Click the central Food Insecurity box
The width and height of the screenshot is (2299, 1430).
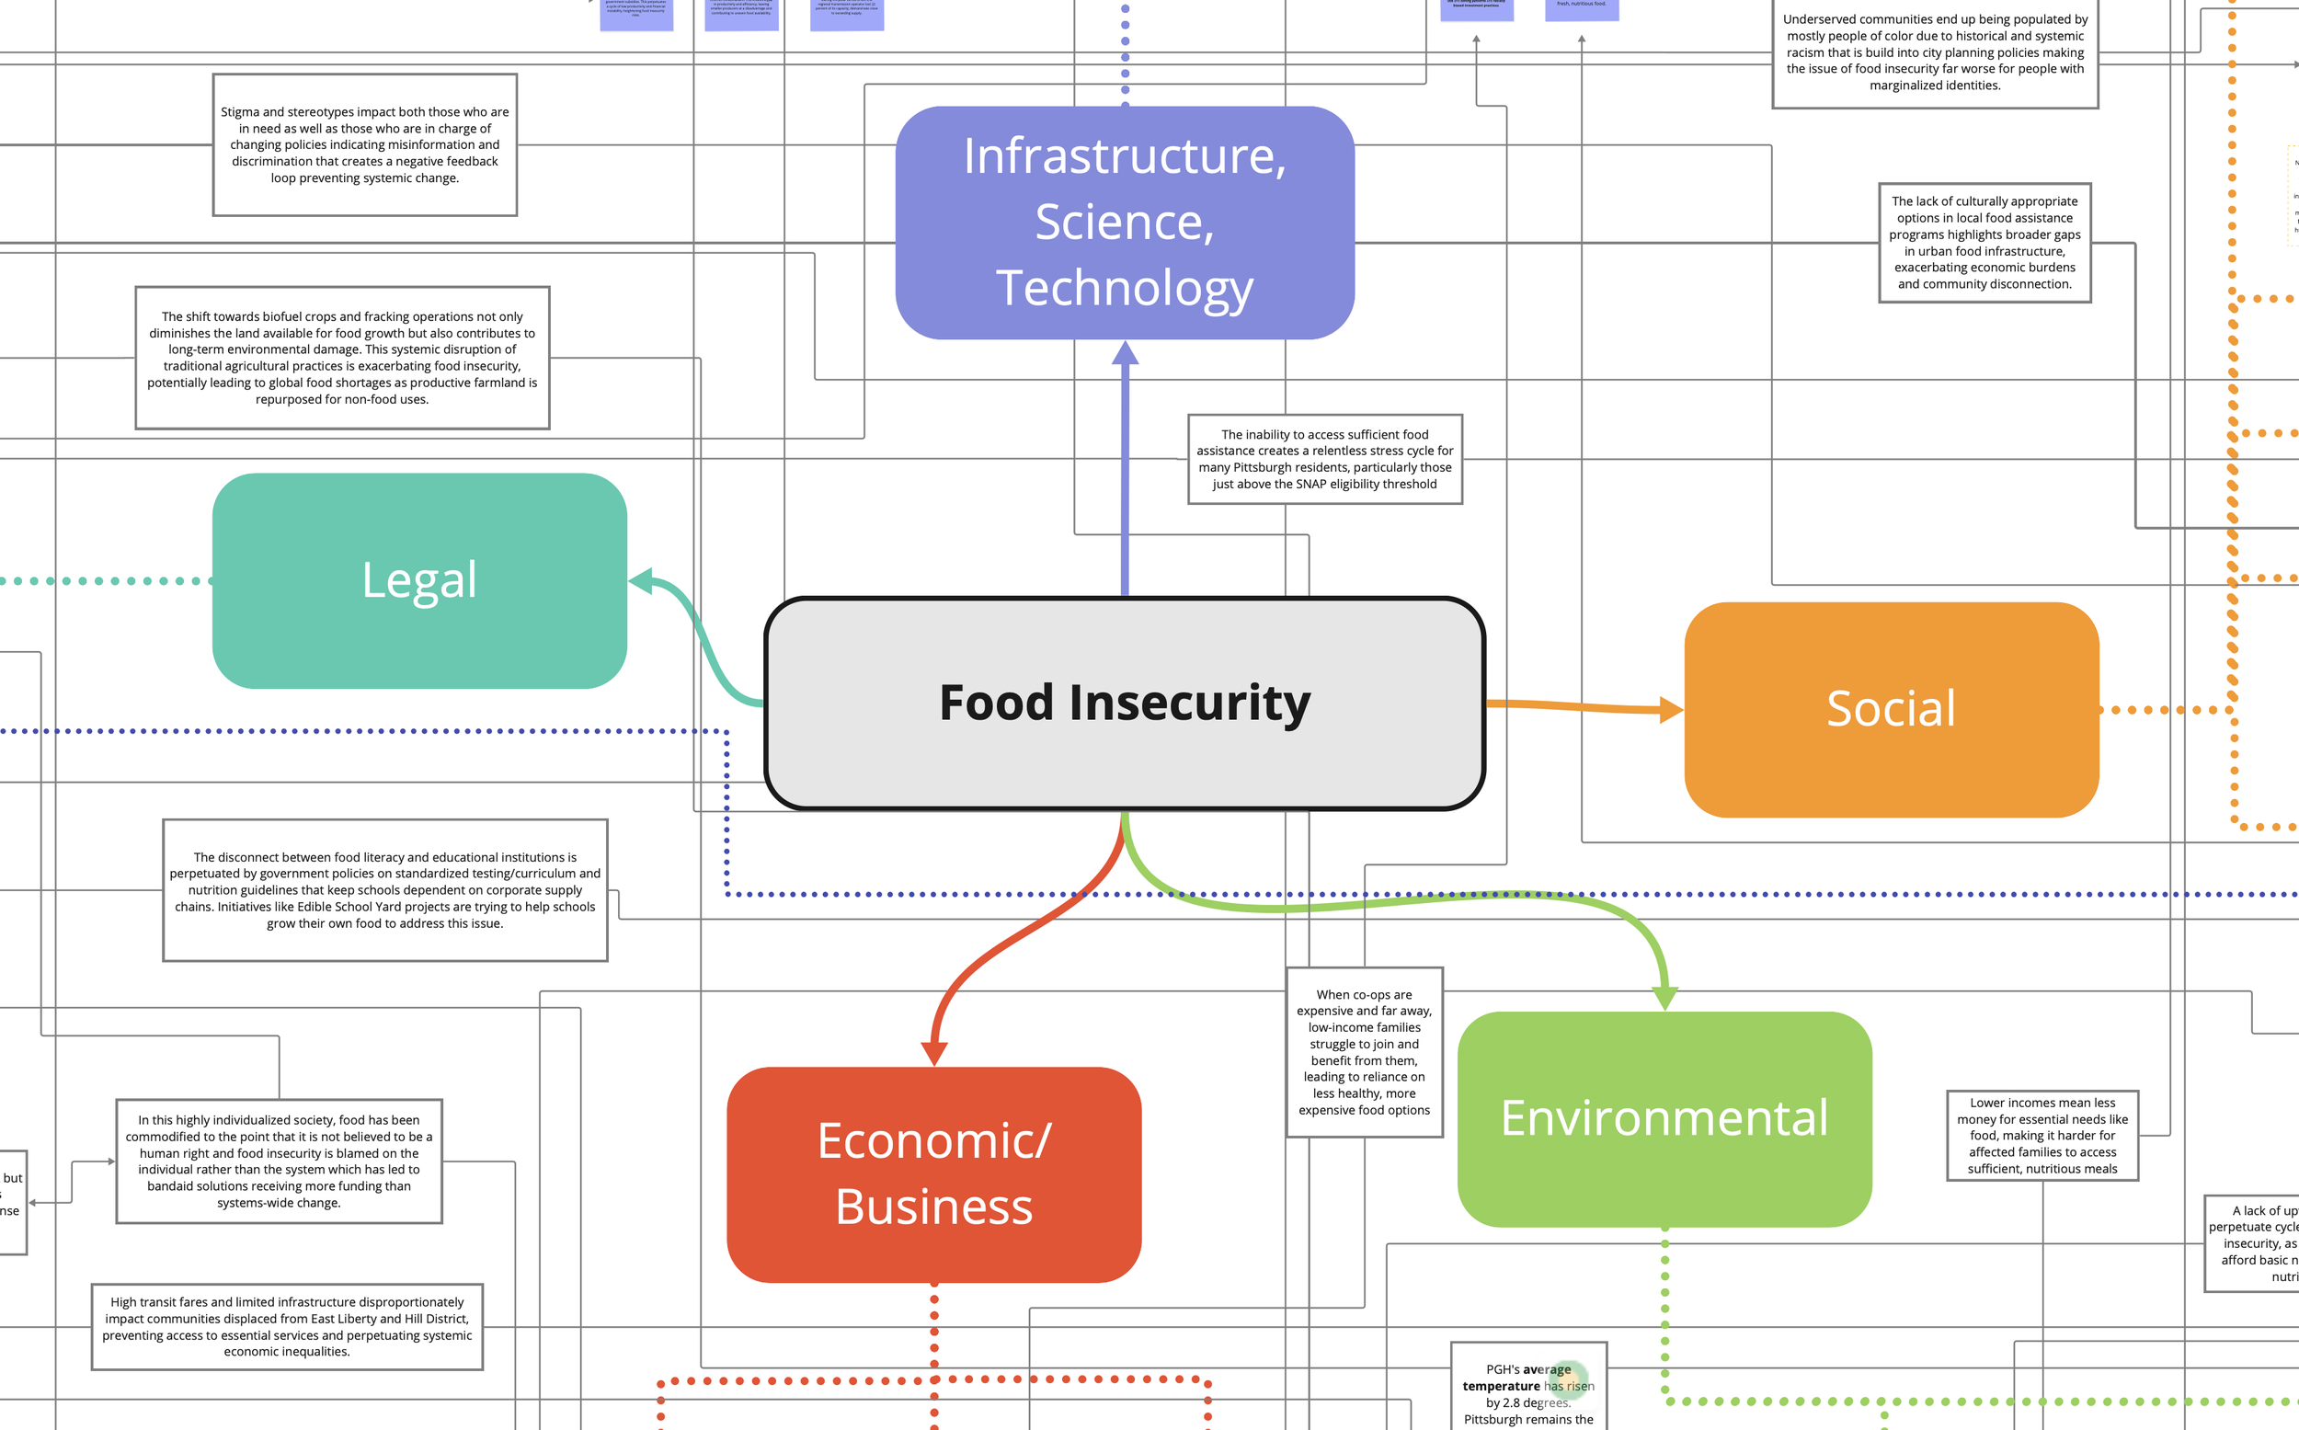1124,703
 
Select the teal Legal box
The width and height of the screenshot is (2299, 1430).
419,579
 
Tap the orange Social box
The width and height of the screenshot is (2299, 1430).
1891,709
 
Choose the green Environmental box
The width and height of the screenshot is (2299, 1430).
1664,1119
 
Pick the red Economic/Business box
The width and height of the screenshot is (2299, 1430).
933,1173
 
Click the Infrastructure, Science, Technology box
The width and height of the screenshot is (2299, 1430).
1124,223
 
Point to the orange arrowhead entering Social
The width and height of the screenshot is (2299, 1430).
1671,709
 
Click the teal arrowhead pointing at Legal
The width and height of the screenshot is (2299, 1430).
641,580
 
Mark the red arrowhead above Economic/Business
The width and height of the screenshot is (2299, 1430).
933,1054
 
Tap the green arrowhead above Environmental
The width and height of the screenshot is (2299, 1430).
1664,998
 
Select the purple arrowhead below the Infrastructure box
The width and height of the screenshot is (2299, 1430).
1125,354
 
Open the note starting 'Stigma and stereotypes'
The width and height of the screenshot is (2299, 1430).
364,144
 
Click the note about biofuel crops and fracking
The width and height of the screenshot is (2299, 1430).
341,358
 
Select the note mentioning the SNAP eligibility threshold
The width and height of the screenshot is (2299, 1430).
1324,459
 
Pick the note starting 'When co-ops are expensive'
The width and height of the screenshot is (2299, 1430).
1364,1052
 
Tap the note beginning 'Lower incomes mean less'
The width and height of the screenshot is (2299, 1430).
2042,1135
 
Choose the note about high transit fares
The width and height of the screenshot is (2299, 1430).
287,1326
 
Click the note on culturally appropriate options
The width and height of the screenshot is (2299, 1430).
1984,242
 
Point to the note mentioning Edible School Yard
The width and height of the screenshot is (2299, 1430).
384,890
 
